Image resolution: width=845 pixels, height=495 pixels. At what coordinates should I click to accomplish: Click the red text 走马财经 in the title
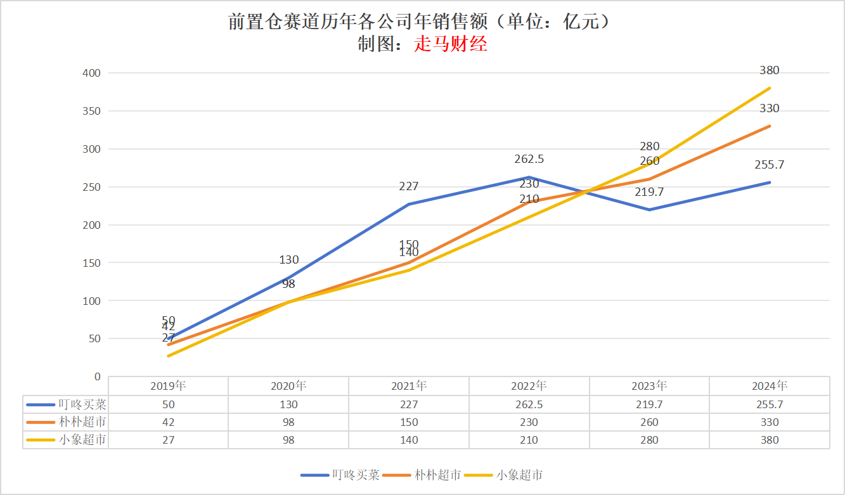click(x=451, y=45)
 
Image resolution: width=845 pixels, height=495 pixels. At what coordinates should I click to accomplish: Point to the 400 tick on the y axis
click(x=92, y=73)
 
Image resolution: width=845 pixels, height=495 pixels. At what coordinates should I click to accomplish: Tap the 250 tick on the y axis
click(x=92, y=187)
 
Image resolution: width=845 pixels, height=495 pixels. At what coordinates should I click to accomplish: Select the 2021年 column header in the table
click(x=409, y=385)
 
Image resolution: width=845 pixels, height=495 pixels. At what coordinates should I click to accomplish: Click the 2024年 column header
click(x=770, y=385)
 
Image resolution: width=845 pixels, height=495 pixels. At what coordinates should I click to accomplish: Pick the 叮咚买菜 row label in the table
click(x=82, y=404)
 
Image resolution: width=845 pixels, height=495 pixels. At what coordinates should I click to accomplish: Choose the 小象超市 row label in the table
click(x=82, y=440)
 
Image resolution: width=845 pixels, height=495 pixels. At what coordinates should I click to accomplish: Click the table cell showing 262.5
click(x=529, y=404)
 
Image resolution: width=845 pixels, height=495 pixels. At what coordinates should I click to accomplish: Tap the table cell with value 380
click(x=770, y=440)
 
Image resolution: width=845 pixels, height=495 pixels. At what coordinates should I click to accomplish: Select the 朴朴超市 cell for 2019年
click(x=168, y=422)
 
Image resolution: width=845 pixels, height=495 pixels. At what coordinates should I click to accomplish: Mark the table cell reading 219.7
click(x=649, y=404)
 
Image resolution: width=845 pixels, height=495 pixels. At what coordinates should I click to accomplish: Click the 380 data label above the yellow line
click(x=770, y=70)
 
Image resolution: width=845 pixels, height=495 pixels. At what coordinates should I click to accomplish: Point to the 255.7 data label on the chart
click(x=770, y=165)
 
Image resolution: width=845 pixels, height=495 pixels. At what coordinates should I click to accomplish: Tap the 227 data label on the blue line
click(x=409, y=186)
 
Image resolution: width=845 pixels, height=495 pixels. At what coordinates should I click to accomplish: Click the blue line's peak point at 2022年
click(x=529, y=177)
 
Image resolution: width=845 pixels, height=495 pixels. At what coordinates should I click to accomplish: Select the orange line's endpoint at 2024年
click(x=770, y=125)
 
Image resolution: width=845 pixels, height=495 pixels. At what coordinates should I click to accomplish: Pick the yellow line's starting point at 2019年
click(x=168, y=356)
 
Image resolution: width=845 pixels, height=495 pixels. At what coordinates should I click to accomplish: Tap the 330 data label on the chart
click(x=770, y=108)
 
